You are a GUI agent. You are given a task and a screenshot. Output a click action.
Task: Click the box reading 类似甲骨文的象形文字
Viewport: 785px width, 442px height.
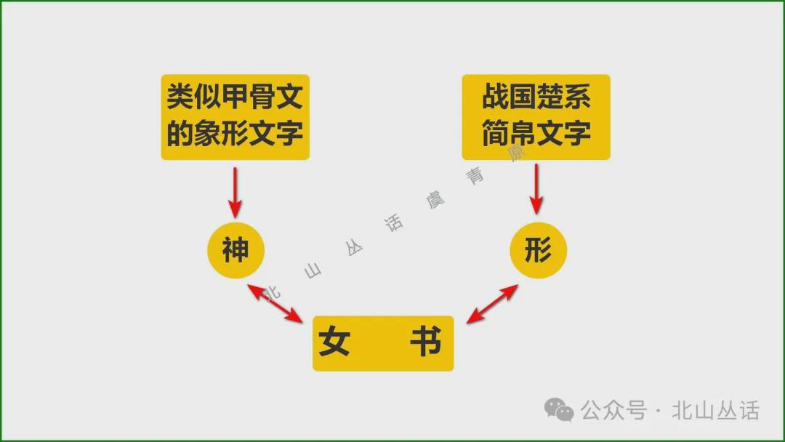pos(235,116)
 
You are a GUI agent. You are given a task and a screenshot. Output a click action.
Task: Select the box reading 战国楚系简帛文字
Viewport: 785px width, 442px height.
pos(536,116)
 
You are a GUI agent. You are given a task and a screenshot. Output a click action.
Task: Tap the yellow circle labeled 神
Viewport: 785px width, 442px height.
pos(235,251)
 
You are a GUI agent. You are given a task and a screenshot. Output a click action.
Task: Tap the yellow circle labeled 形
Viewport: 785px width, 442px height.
pos(537,251)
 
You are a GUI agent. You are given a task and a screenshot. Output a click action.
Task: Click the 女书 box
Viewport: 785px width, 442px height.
pos(383,343)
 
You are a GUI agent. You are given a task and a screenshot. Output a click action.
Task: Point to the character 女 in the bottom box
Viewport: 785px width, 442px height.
pos(334,342)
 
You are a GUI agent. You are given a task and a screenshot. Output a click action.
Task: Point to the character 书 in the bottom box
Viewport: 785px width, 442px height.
pos(425,342)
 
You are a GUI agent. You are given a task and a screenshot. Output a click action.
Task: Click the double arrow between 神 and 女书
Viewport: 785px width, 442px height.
pos(275,303)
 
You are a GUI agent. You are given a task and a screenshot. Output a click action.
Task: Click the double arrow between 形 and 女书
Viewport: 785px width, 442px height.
pos(492,303)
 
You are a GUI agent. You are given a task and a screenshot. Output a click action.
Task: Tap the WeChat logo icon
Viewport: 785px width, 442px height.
pos(559,411)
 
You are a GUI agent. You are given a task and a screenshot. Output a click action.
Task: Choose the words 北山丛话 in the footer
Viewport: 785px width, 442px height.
pos(716,411)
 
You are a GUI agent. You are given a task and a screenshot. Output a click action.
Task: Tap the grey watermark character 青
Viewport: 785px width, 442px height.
pos(476,176)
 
